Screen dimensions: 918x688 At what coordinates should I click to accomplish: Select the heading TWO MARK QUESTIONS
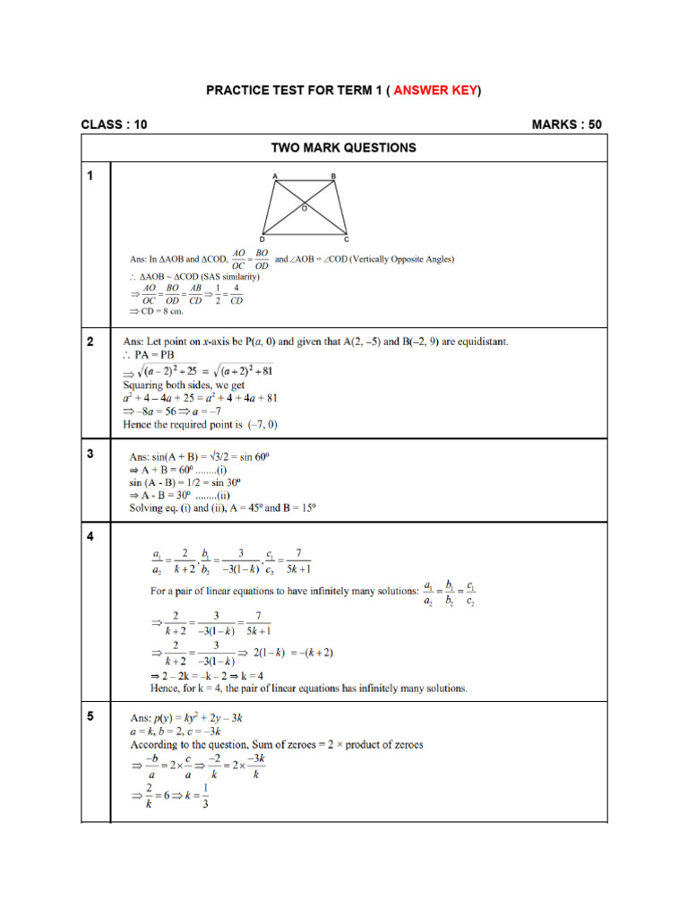[345, 148]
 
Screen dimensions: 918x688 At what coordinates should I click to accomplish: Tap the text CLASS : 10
[114, 125]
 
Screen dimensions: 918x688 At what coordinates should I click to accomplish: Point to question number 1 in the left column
[90, 177]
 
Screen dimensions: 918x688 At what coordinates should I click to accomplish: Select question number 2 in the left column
[90, 342]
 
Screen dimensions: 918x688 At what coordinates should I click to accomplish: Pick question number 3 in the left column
[90, 455]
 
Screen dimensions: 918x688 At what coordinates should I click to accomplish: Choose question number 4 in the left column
[90, 536]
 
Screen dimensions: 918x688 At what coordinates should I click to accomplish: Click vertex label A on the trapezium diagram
[274, 176]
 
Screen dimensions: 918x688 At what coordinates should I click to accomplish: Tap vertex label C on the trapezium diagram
[347, 240]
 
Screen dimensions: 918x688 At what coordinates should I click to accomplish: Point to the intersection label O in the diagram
[305, 208]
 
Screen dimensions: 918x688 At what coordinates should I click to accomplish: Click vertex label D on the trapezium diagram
[262, 240]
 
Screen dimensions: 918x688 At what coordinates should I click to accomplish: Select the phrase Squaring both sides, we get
[179, 385]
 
